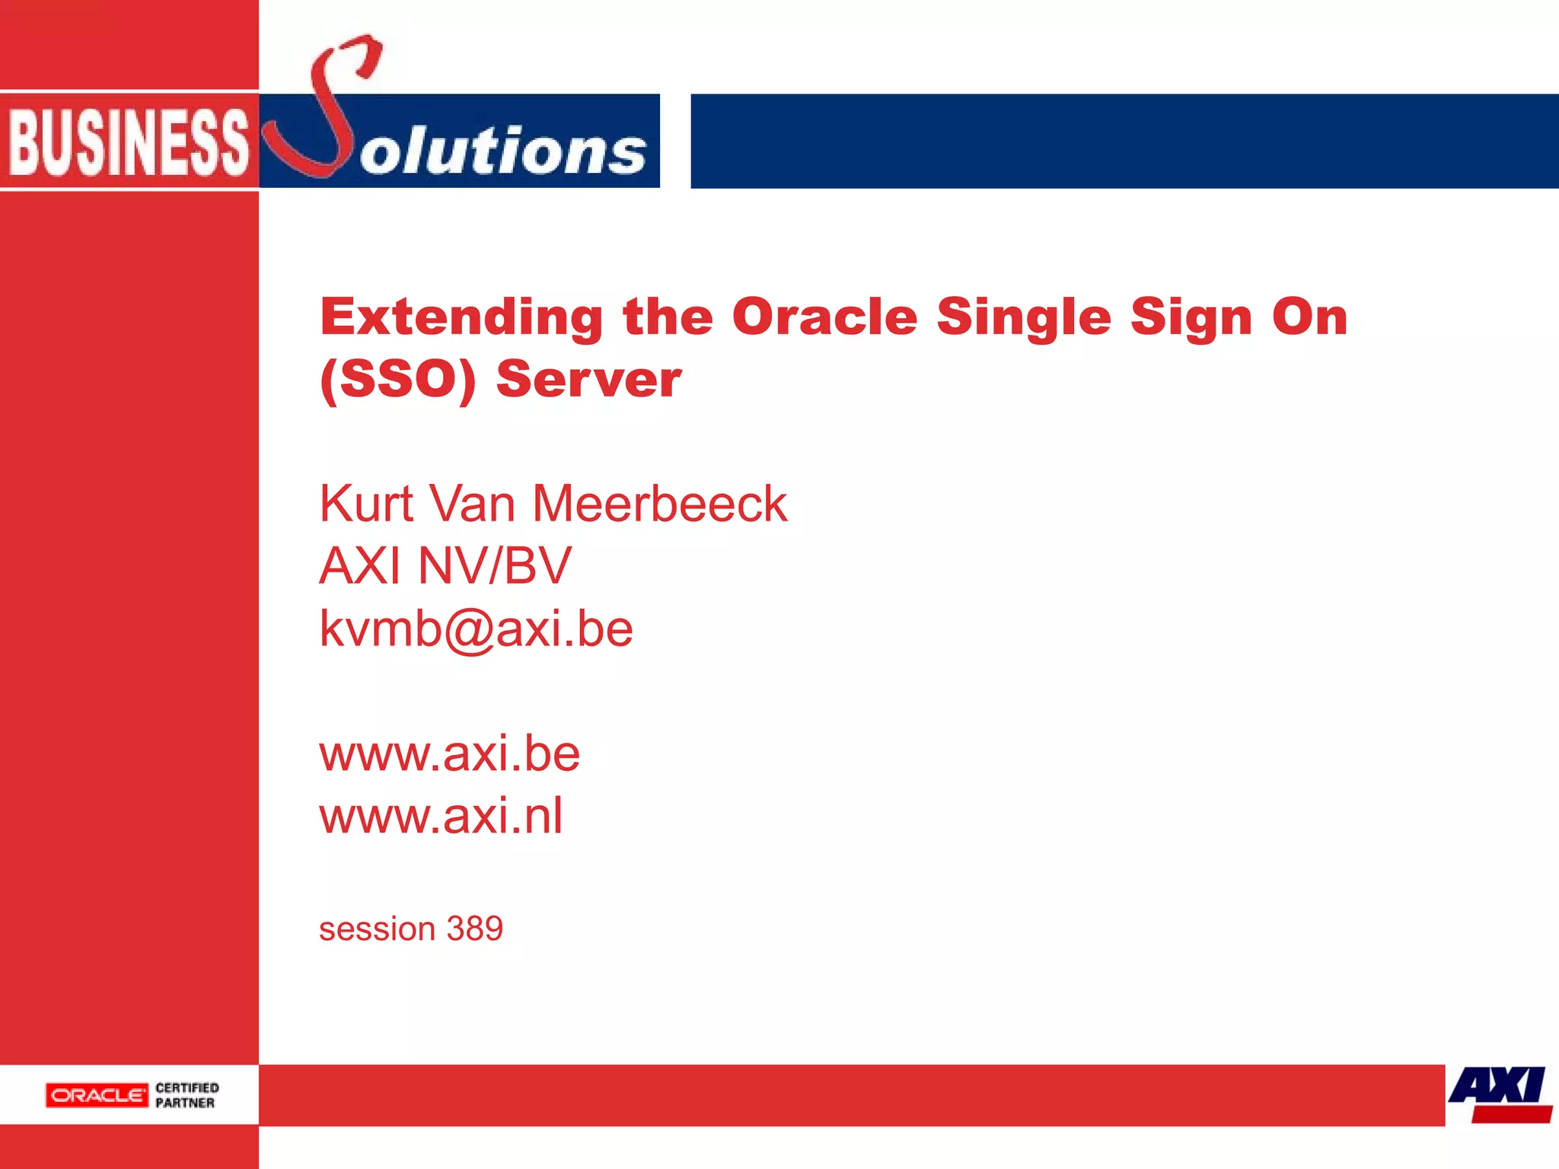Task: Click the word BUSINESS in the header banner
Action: (128, 142)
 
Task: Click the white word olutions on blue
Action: (502, 150)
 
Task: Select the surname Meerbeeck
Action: (659, 504)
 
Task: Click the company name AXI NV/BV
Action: (445, 566)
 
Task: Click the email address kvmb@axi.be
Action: (476, 629)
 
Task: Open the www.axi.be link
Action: (449, 754)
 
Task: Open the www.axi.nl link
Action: (441, 817)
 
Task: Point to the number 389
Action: (475, 929)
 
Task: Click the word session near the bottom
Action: (377, 929)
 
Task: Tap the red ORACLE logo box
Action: (97, 1095)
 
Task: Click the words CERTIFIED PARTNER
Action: (187, 1095)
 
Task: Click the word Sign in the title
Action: (1191, 317)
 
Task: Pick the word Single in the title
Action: (1023, 317)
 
